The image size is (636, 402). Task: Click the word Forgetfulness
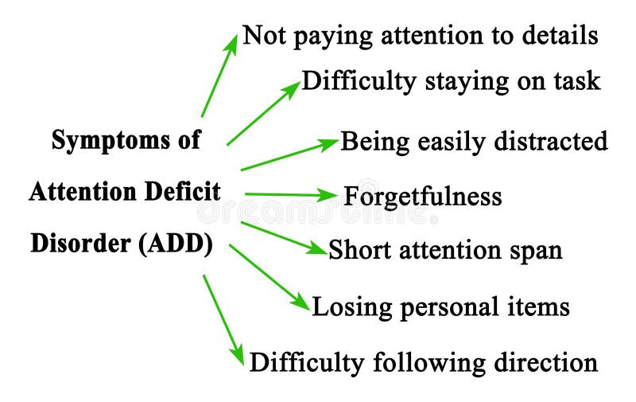point(422,196)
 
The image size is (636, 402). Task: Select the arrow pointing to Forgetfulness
point(291,194)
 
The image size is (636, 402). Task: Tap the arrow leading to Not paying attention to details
point(219,76)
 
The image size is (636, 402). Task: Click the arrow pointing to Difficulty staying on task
point(263,112)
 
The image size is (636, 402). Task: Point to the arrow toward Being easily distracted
point(289,155)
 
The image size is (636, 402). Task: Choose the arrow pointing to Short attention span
point(283,237)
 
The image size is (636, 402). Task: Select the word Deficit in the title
point(184,192)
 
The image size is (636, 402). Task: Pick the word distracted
point(549,142)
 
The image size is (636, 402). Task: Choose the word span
point(536,250)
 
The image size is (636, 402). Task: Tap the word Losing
point(346,306)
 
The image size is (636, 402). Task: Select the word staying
point(452,81)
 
